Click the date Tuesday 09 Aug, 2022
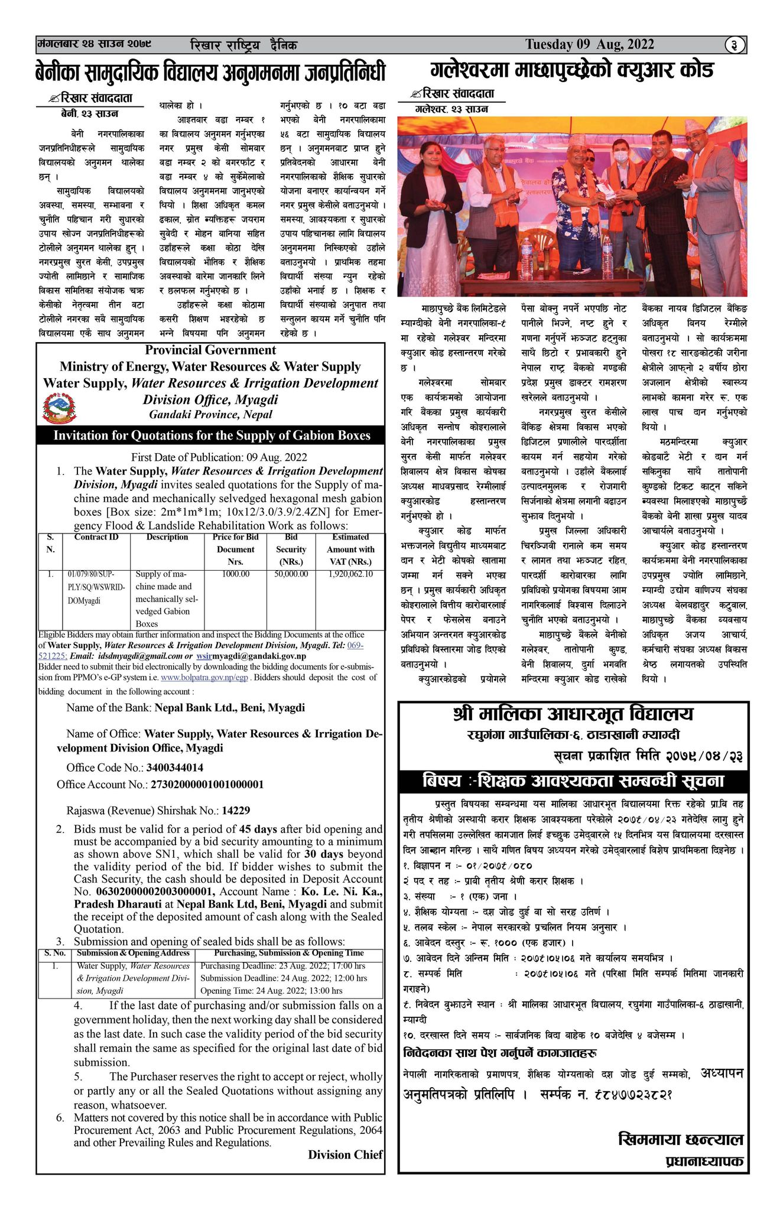[x=589, y=45]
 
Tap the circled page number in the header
[x=735, y=45]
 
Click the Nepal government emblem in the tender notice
[x=60, y=409]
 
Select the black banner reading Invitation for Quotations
[x=212, y=436]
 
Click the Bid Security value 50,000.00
[x=291, y=574]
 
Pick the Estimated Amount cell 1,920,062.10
[x=350, y=574]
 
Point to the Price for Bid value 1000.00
[x=235, y=574]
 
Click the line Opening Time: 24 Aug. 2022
[x=271, y=991]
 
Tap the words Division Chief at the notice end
[x=345, y=1154]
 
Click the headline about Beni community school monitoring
[x=210, y=73]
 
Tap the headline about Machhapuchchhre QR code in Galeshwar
[x=571, y=70]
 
